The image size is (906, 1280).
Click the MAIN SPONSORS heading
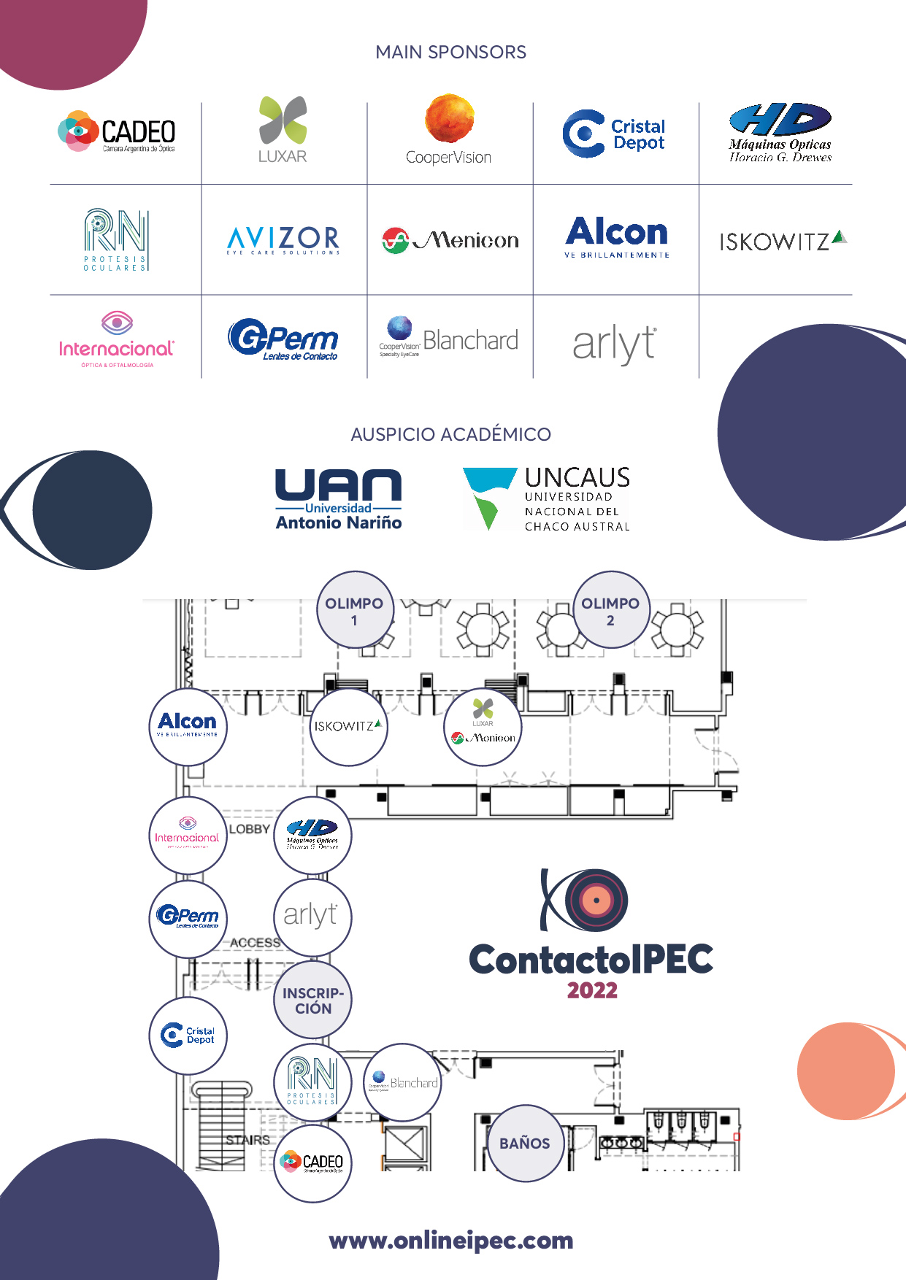(x=450, y=53)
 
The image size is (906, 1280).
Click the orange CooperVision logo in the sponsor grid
(x=449, y=130)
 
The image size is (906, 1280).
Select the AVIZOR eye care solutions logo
(x=283, y=239)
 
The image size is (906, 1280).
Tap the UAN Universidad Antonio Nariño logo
(x=339, y=499)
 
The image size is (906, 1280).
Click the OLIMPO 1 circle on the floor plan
(x=355, y=610)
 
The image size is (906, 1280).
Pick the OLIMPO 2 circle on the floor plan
(x=611, y=610)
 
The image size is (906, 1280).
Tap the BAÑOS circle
(x=525, y=1143)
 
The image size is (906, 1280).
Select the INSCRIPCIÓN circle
(x=312, y=1001)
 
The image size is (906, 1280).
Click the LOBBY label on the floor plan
(x=250, y=829)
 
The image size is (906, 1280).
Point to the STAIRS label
(x=247, y=1140)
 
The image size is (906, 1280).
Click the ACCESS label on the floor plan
(x=255, y=943)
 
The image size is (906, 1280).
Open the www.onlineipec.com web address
(x=451, y=1241)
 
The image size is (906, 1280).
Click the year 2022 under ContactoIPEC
(x=592, y=990)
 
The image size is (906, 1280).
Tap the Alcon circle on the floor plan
(x=188, y=726)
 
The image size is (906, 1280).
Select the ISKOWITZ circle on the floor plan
(x=348, y=727)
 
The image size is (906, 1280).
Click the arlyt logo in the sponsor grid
(x=615, y=344)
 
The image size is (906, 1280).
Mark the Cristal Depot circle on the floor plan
(x=188, y=1036)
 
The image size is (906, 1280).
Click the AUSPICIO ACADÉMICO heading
(x=450, y=434)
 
